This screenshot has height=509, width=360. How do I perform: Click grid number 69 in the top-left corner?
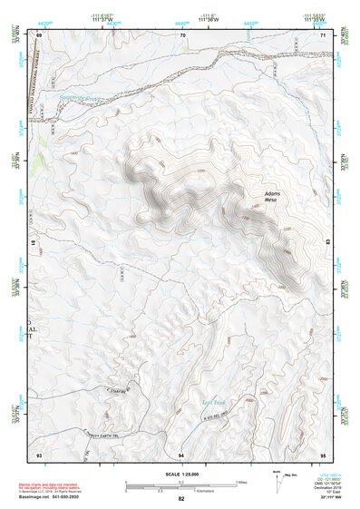39,34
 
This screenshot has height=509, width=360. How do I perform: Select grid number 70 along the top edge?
182,34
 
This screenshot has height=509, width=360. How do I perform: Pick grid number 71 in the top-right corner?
324,34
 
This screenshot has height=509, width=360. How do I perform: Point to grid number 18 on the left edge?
36,244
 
